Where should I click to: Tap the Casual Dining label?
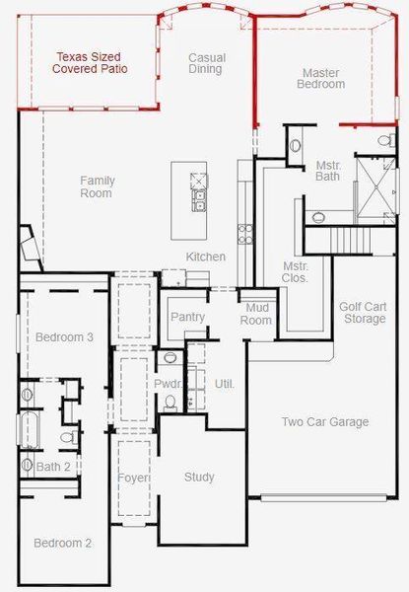[x=207, y=63]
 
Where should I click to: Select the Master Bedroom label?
[x=322, y=79]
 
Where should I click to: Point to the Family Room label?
[x=97, y=186]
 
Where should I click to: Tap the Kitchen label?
[x=206, y=257]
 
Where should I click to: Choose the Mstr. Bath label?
[x=328, y=171]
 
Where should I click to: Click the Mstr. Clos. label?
[x=296, y=272]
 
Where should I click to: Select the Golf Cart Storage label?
[x=362, y=312]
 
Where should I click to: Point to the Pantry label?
[x=187, y=317]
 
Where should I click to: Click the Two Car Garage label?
[x=325, y=422]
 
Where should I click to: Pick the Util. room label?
[x=225, y=383]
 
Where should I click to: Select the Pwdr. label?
[x=166, y=383]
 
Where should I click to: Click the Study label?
[x=199, y=478]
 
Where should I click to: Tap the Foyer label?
[x=133, y=478]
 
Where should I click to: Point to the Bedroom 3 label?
[x=64, y=337]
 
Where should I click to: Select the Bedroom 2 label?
[x=62, y=543]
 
